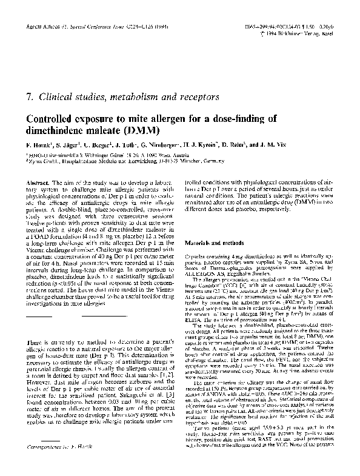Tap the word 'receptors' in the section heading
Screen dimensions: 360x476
(x=194, y=96)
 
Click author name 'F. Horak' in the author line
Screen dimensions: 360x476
(x=40, y=147)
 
